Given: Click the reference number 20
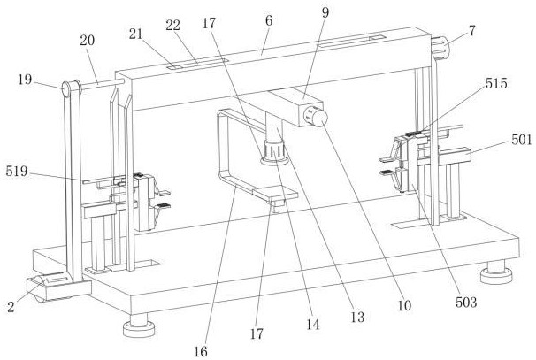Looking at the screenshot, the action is [88, 41].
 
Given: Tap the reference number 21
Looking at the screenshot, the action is [135, 34].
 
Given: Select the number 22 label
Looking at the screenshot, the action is [173, 26].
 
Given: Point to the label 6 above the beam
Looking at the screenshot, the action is [269, 21].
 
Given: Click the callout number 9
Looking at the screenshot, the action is [325, 12].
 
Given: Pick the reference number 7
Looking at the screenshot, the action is [472, 31].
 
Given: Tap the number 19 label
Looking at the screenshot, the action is [25, 80].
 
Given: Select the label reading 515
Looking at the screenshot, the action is [496, 83].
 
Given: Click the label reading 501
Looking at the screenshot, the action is [522, 140].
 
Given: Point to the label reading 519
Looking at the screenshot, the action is [17, 171].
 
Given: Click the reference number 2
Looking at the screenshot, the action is [11, 307].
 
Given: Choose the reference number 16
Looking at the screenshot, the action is [201, 351].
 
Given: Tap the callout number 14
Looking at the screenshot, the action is [313, 325].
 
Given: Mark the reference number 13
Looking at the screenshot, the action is [357, 318].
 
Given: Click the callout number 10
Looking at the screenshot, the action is [404, 305].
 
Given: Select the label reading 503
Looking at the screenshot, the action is [466, 303].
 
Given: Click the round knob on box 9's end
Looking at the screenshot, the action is [318, 117].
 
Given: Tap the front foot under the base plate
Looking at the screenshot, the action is [139, 326].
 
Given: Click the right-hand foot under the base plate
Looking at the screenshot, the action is [496, 272].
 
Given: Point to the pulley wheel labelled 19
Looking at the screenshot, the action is [72, 88].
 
